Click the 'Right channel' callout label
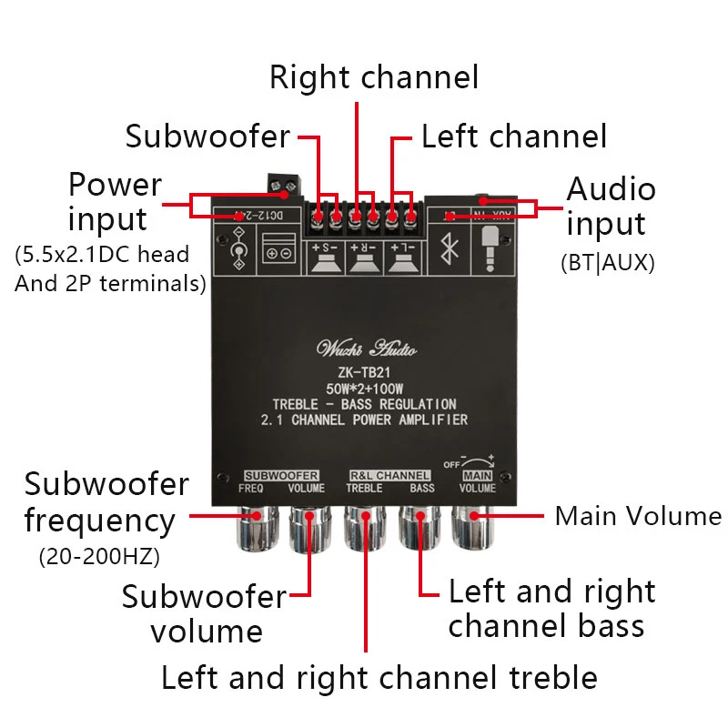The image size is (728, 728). click(x=373, y=77)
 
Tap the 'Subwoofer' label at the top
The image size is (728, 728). click(x=207, y=136)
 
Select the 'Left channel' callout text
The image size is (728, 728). click(x=513, y=136)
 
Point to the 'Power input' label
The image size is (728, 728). click(x=115, y=202)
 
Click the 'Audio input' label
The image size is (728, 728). click(x=611, y=207)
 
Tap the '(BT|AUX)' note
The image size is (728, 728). click(x=608, y=263)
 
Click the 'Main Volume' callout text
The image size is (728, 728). click(x=637, y=516)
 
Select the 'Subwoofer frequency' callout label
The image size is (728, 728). click(x=106, y=502)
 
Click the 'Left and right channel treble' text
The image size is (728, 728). click(x=379, y=678)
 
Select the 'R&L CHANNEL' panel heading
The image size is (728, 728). click(x=389, y=475)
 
